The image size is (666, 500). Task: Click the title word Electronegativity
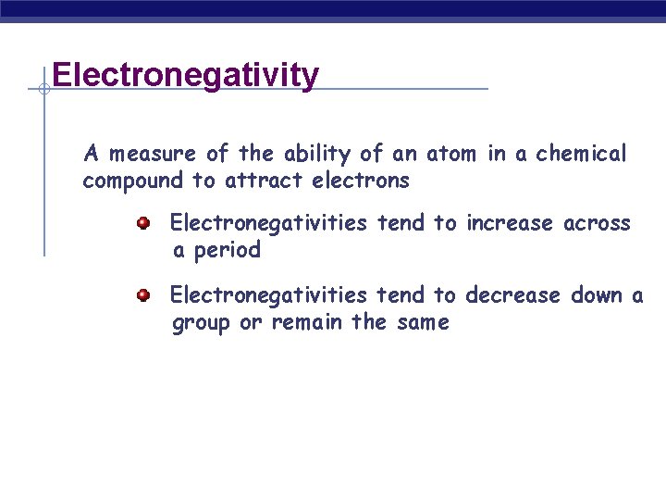tap(186, 74)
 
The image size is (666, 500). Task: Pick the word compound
tap(134, 181)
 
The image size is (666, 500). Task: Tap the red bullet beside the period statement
tap(143, 223)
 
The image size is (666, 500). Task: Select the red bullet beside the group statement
tap(143, 295)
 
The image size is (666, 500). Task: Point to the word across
tap(597, 223)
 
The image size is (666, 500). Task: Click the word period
tap(226, 251)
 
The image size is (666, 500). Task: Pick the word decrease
tap(512, 295)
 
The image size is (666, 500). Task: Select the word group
tap(202, 323)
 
